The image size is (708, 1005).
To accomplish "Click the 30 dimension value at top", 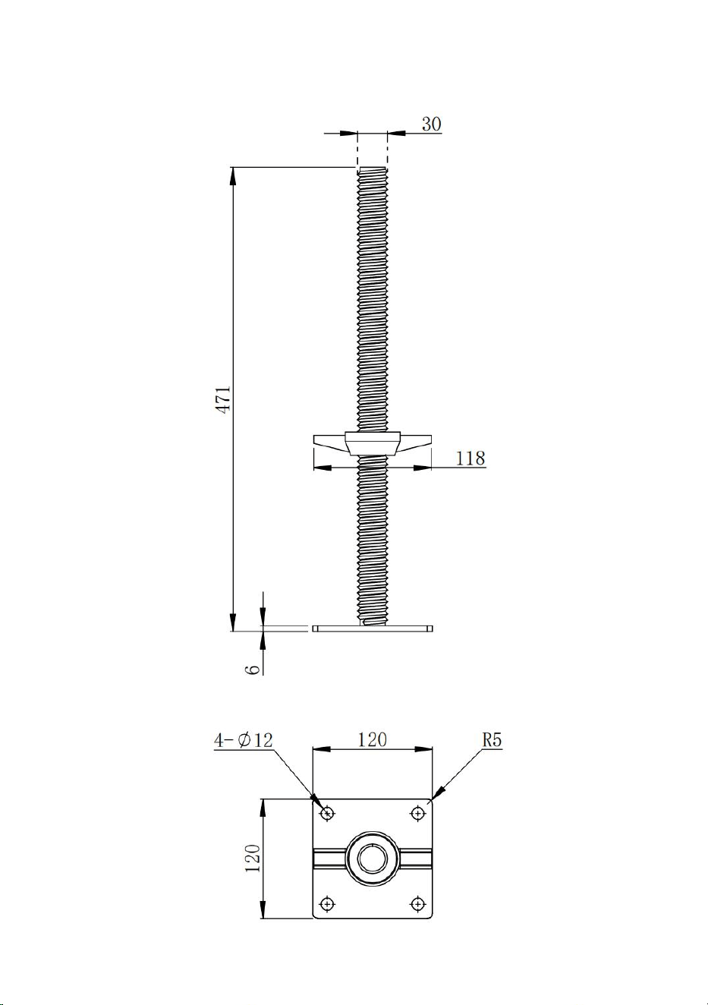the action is (x=431, y=124).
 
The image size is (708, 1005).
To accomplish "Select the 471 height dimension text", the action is (x=224, y=399).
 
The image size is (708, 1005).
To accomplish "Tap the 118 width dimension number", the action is (x=470, y=458).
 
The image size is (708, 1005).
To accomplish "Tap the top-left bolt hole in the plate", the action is (x=328, y=812).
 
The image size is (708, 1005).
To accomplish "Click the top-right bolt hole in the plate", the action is (x=418, y=812).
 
